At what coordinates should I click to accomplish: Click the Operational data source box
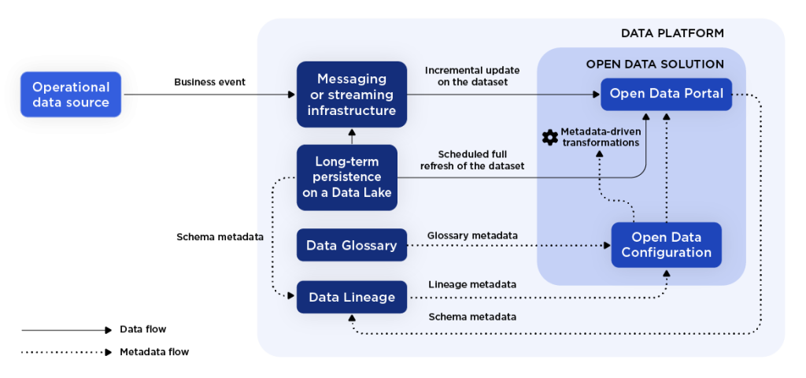click(71, 94)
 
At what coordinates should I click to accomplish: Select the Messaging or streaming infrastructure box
click(352, 94)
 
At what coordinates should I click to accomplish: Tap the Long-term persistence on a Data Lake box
click(347, 177)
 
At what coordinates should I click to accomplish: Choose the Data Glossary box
click(352, 245)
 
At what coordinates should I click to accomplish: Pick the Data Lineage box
click(352, 297)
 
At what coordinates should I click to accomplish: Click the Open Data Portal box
click(666, 94)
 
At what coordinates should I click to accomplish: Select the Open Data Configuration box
click(666, 245)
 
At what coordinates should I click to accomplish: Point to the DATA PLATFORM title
click(672, 33)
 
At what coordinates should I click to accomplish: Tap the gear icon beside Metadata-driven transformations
click(550, 137)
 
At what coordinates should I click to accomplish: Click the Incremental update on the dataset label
click(472, 76)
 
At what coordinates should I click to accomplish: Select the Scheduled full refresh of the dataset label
click(472, 160)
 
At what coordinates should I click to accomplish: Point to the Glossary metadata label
click(472, 235)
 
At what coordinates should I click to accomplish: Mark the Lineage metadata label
click(472, 283)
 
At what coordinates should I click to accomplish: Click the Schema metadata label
click(472, 317)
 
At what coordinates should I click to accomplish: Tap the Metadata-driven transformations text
click(600, 137)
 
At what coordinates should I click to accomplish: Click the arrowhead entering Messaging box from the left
click(291, 94)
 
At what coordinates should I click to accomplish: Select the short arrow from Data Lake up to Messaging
click(352, 136)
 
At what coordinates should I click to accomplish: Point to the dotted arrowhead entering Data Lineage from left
click(291, 297)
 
